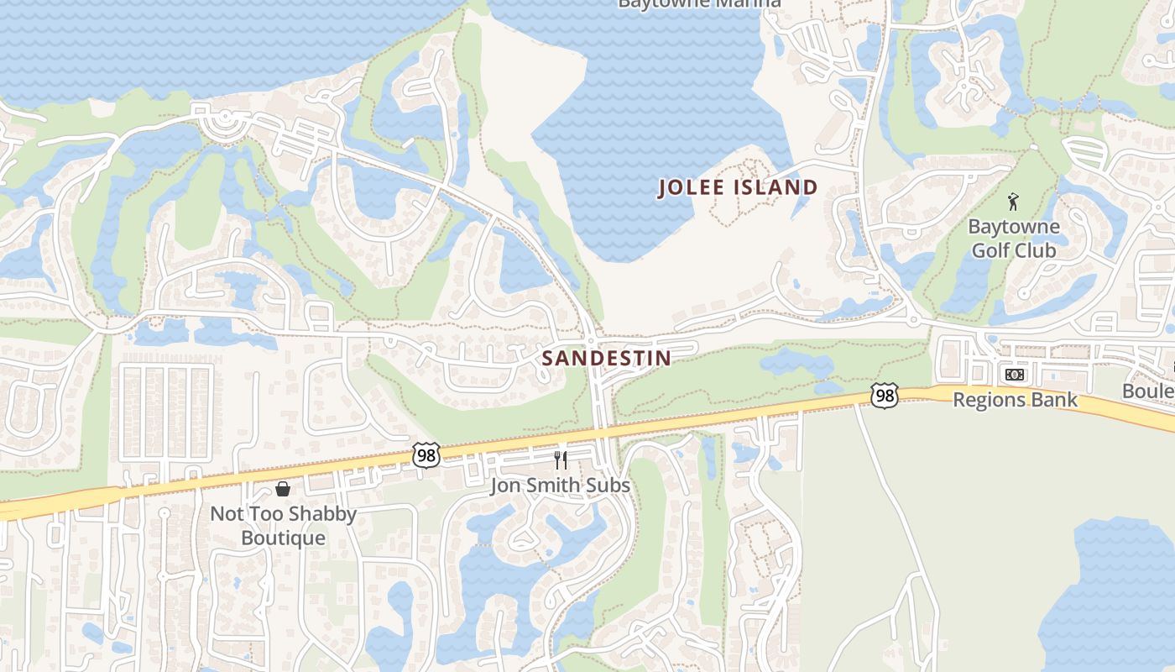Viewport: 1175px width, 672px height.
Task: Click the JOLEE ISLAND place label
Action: pyautogui.click(x=738, y=187)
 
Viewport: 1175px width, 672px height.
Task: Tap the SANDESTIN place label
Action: pyautogui.click(x=606, y=359)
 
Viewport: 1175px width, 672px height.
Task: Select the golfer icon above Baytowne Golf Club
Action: pyautogui.click(x=1013, y=202)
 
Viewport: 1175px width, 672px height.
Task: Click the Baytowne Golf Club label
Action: pyautogui.click(x=1013, y=239)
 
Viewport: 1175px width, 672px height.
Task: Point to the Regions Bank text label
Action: pyautogui.click(x=1014, y=400)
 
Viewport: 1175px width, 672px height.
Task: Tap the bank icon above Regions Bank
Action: pyautogui.click(x=1014, y=375)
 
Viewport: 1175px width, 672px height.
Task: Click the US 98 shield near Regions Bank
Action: pyautogui.click(x=884, y=396)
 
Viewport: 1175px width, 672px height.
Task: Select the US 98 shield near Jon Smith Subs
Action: pyautogui.click(x=426, y=456)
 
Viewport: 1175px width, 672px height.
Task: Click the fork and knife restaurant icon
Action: pyautogui.click(x=561, y=460)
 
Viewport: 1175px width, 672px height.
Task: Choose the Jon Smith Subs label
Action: pyautogui.click(x=560, y=486)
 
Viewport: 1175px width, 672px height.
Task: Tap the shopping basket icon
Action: pyautogui.click(x=283, y=489)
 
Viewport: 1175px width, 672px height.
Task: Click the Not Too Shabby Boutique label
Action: pyautogui.click(x=283, y=525)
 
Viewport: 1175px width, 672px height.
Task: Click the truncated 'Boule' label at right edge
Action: pyautogui.click(x=1147, y=391)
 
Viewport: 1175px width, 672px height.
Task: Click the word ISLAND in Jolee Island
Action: pyautogui.click(x=776, y=187)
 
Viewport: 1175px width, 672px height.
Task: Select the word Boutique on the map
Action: pyautogui.click(x=283, y=538)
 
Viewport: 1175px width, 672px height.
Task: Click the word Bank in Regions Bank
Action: pyautogui.click(x=1055, y=400)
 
